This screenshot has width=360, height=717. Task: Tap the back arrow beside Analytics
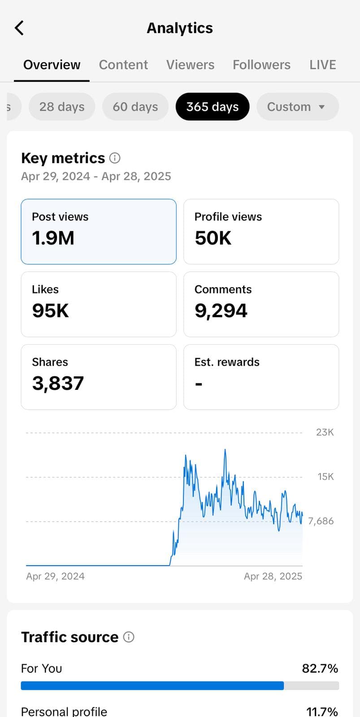coord(19,28)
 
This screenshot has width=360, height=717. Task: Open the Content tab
coord(123,65)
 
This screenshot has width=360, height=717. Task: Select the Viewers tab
coord(190,65)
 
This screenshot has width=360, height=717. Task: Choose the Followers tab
coord(261,65)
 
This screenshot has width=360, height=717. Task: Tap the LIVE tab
coord(322,65)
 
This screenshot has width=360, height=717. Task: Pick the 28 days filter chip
coord(62,107)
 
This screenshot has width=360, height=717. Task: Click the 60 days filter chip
coord(135,107)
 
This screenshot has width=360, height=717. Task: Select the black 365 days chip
coord(213,107)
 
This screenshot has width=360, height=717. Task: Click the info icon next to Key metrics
coord(115,158)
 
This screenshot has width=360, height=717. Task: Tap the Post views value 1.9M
coord(53,238)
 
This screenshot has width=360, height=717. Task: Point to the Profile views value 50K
coord(213,238)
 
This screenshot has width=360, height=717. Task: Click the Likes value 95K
coord(50,311)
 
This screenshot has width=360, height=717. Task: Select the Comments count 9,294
coord(221,311)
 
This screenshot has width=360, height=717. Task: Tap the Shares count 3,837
coord(58,384)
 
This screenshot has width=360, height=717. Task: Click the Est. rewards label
coord(227,362)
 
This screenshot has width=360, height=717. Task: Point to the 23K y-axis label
coord(325,432)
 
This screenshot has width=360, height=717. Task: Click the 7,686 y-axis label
coord(321,521)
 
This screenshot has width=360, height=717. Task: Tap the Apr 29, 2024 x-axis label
coord(55,576)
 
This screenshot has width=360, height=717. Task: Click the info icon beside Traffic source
coord(129,637)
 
